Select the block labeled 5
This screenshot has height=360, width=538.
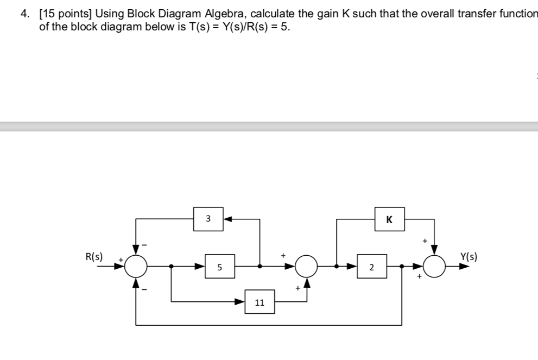tap(219, 267)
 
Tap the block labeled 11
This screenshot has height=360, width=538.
tap(259, 302)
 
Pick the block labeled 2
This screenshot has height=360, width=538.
tap(371, 267)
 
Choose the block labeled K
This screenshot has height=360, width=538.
tap(389, 219)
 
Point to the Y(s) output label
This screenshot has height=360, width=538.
tap(469, 257)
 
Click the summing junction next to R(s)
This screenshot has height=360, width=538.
tap(136, 266)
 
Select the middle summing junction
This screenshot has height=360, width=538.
tap(307, 266)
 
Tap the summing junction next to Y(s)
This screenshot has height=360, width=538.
tap(434, 266)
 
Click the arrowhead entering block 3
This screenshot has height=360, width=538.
tap(228, 219)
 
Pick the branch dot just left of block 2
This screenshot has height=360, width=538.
tap(337, 267)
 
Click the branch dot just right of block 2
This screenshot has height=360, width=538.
tap(402, 267)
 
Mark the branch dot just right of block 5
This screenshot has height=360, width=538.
tap(260, 267)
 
